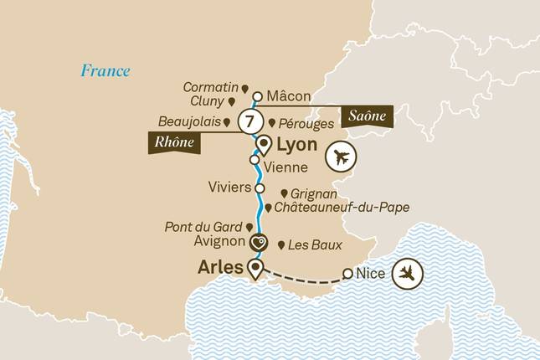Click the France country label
click(x=105, y=70)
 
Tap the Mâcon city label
click(x=289, y=96)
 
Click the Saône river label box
click(x=365, y=116)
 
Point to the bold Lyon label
click(x=297, y=145)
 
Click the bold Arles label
click(x=222, y=269)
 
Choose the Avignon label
click(x=219, y=243)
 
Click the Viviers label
click(x=227, y=188)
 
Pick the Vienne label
click(x=285, y=167)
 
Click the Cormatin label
click(x=211, y=87)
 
